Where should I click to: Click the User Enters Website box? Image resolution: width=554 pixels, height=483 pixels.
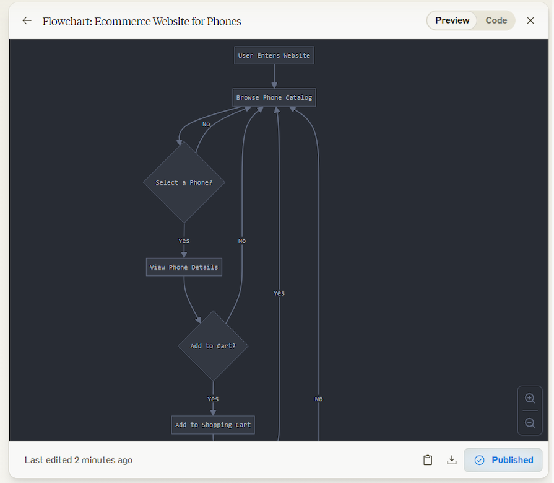(x=274, y=55)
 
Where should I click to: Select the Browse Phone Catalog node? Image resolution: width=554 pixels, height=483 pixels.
(x=274, y=98)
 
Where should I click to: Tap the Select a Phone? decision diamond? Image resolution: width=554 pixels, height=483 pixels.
(x=184, y=182)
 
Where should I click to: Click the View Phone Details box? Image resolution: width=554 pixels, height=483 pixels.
(x=184, y=267)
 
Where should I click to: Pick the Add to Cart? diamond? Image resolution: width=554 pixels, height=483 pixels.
(x=213, y=346)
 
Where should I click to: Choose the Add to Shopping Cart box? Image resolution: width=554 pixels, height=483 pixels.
(x=213, y=425)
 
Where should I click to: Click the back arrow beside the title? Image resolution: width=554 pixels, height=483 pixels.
(x=27, y=20)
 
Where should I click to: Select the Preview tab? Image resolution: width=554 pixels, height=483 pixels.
(x=452, y=20)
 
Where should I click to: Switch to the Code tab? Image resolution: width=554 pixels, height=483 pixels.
(x=496, y=20)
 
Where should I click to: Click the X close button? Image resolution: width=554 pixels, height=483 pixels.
(x=530, y=20)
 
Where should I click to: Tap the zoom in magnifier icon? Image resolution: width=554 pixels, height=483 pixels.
(x=530, y=399)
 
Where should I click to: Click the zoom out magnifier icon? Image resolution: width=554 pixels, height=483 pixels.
(x=530, y=423)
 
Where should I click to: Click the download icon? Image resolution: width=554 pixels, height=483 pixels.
(x=452, y=460)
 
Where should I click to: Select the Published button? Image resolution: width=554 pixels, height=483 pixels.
(x=503, y=460)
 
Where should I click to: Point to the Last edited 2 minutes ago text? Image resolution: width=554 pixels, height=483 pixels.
(x=79, y=460)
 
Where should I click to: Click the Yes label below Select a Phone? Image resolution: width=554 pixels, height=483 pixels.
(x=184, y=241)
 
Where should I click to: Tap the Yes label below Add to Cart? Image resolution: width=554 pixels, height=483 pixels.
(x=213, y=399)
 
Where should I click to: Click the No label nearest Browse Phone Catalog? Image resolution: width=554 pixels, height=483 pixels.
(x=206, y=124)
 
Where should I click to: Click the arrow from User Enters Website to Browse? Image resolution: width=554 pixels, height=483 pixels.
(x=274, y=76)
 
